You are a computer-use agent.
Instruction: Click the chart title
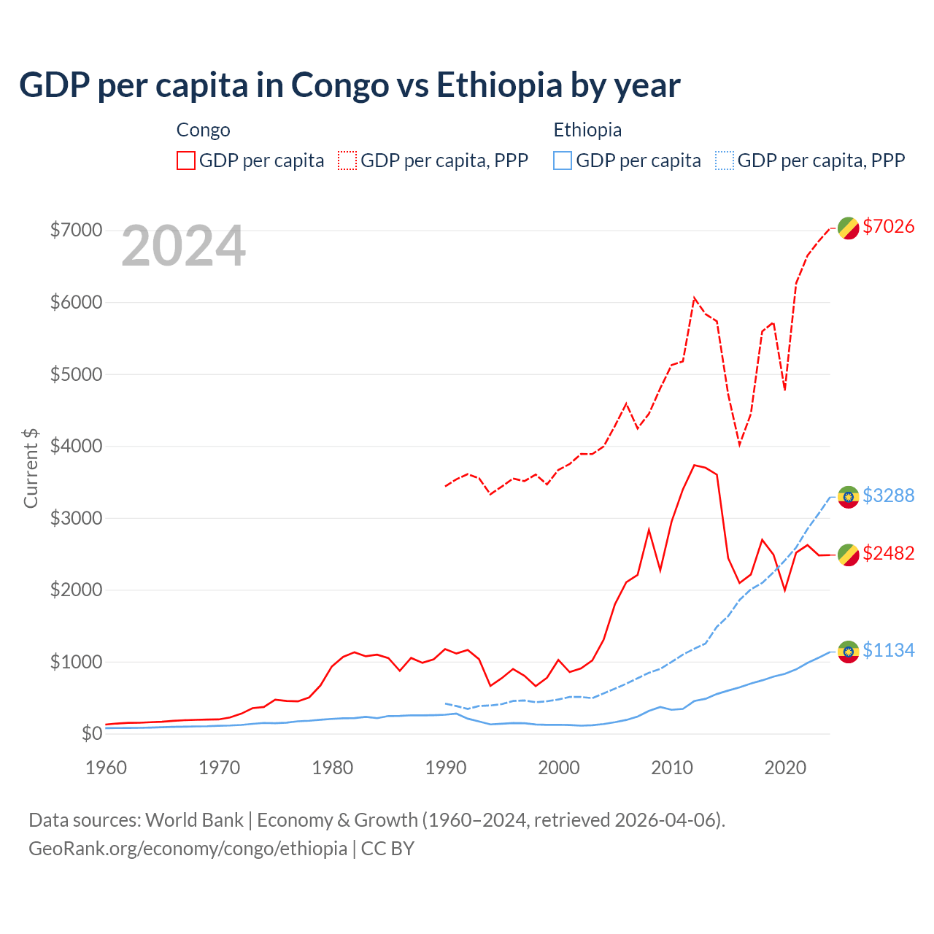[x=350, y=85]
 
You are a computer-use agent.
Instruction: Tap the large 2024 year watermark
[x=183, y=247]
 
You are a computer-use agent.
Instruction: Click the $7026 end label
[x=888, y=226]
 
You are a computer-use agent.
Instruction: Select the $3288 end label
[x=888, y=495]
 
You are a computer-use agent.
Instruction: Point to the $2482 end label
[x=888, y=553]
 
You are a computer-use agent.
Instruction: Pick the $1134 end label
[x=888, y=650]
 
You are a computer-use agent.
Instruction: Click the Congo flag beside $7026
[x=848, y=228]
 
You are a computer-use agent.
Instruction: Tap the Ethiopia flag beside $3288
[x=848, y=497]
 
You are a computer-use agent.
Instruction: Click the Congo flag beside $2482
[x=848, y=555]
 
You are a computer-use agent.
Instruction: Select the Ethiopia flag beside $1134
[x=848, y=652]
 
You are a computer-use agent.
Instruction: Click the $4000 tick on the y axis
[x=76, y=446]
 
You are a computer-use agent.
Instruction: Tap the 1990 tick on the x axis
[x=446, y=768]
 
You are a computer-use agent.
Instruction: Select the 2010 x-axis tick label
[x=672, y=768]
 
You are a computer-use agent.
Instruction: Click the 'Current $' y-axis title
[x=31, y=468]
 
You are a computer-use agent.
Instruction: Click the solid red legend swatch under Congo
[x=186, y=161]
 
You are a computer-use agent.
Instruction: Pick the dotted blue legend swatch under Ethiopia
[x=725, y=161]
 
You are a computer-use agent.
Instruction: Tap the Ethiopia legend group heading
[x=587, y=130]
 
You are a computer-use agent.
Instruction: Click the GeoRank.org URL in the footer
[x=188, y=849]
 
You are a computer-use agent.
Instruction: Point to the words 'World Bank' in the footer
[x=194, y=820]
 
